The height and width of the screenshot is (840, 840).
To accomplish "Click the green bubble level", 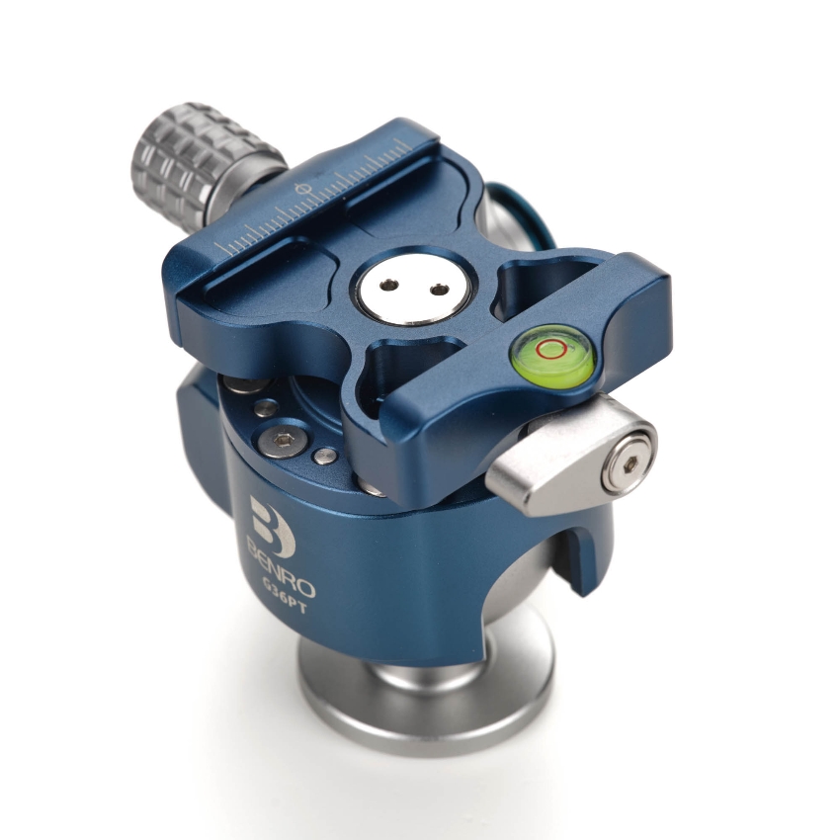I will pyautogui.click(x=551, y=353).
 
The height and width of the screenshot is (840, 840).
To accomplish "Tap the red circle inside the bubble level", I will pyautogui.click(x=550, y=348).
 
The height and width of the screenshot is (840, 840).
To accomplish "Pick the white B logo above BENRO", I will pyautogui.click(x=271, y=524).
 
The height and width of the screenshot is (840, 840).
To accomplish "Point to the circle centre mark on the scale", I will pyautogui.click(x=303, y=189).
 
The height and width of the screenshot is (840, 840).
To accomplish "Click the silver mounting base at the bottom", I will pyautogui.click(x=425, y=697).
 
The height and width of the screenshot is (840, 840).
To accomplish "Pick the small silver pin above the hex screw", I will pyautogui.click(x=266, y=407).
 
